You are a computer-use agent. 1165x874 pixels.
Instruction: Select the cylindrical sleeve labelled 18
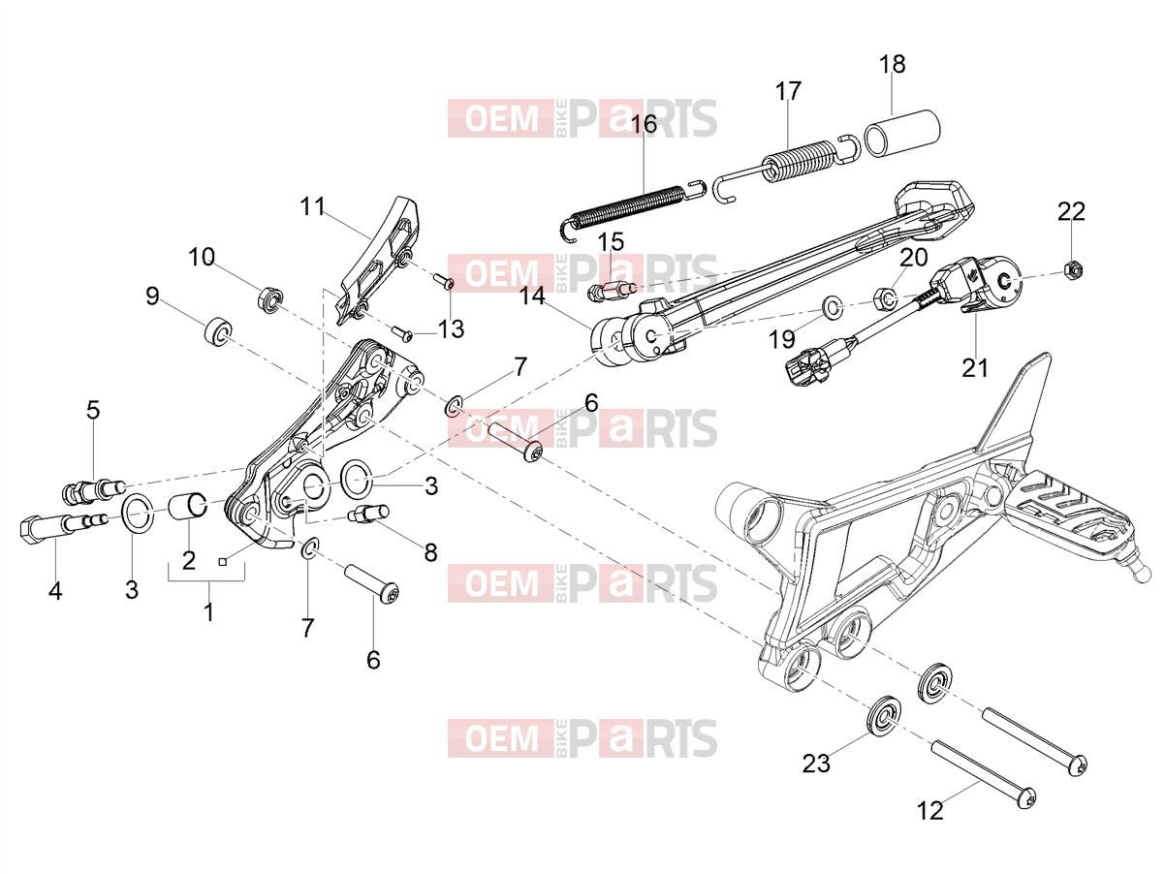[901, 134]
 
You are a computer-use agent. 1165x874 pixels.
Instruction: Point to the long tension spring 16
[632, 208]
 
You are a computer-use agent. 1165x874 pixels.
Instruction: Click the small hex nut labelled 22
[1074, 269]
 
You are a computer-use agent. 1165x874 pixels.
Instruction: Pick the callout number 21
[975, 368]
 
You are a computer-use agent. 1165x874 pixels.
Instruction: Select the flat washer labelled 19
[833, 307]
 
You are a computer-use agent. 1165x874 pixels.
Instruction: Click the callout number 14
[532, 297]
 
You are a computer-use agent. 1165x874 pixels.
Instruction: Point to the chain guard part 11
[379, 260]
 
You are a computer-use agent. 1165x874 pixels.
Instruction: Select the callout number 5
[93, 410]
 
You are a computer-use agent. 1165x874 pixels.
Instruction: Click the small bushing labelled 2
[188, 504]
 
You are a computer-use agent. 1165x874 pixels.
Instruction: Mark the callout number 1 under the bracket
[209, 612]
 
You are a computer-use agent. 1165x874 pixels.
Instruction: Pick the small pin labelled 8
[367, 515]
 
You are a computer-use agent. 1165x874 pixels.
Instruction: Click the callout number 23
[816, 765]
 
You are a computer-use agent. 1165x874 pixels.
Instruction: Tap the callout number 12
[930, 810]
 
